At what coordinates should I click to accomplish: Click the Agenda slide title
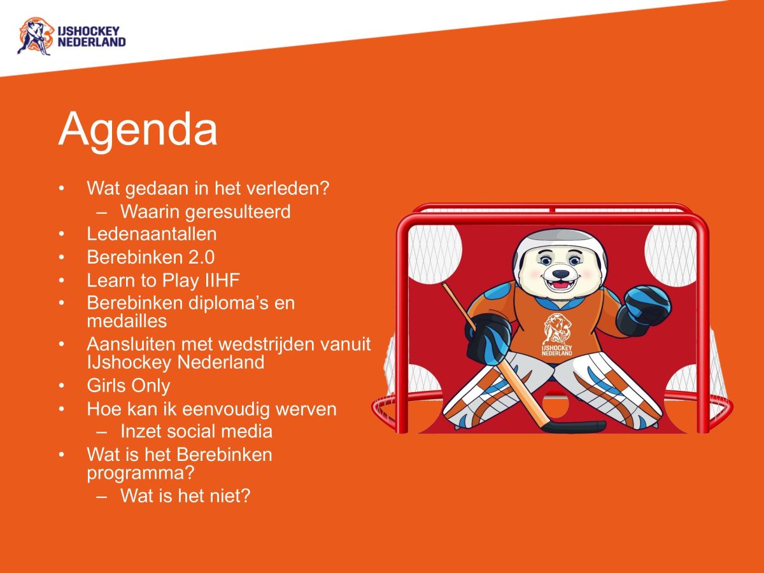coord(138,129)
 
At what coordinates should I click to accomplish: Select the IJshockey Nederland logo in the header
coord(71,36)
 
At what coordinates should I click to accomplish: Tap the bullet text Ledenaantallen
coord(152,234)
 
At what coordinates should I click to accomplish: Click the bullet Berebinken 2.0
coord(151,257)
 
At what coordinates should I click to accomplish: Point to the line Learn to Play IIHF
coord(163,279)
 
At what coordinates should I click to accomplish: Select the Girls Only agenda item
coord(129,385)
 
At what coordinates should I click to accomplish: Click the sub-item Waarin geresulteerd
coord(205,211)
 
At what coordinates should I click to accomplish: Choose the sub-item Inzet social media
coord(196,431)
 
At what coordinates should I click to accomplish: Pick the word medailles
coord(127,320)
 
